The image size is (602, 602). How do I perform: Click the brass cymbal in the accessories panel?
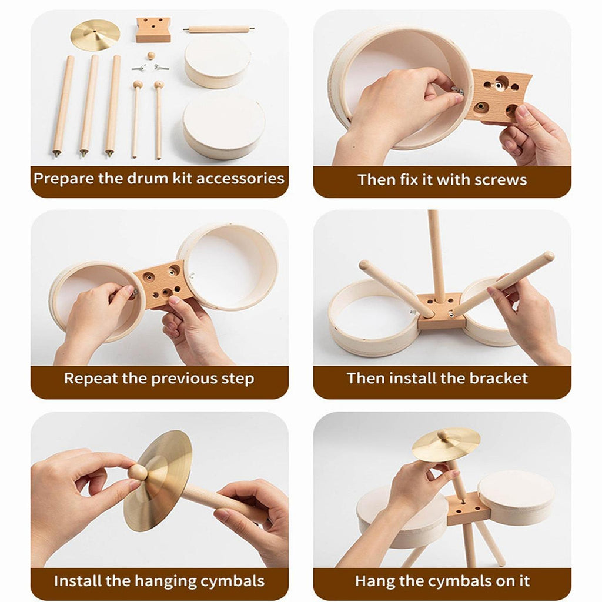[x=95, y=35]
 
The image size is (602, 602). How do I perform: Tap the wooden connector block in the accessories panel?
[x=153, y=29]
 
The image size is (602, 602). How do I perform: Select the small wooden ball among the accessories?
[x=151, y=56]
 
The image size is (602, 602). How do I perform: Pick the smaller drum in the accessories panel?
[x=218, y=62]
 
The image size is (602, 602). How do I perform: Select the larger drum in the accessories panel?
[x=224, y=125]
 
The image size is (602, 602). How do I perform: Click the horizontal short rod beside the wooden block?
[x=219, y=29]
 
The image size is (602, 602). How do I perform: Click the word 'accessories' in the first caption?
[x=240, y=179]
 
